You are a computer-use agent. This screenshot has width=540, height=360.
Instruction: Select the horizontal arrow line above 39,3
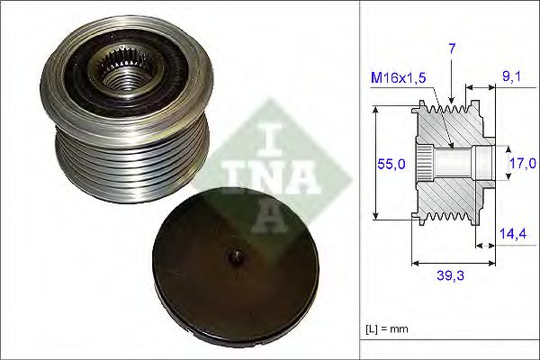tap(453, 264)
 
